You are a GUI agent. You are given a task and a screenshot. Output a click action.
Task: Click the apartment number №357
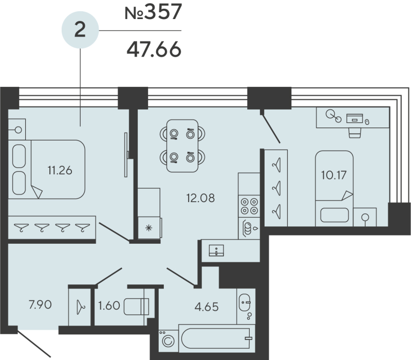point(153,12)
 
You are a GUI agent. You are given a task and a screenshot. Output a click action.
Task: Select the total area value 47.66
point(153,50)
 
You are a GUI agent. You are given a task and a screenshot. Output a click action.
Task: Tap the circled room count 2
point(80,30)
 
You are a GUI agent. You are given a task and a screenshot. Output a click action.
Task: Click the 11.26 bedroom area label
point(59,170)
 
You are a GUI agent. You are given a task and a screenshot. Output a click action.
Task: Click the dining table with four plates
point(182,146)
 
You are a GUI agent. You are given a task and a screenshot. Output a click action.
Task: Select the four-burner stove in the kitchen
point(249,206)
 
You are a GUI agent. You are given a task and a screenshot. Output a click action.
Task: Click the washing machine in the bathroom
point(167,340)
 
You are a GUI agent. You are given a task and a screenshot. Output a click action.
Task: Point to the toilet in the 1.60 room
point(138,307)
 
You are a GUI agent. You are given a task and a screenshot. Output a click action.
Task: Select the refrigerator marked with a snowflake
point(149,226)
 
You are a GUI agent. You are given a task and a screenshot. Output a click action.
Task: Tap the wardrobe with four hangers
point(51,227)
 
